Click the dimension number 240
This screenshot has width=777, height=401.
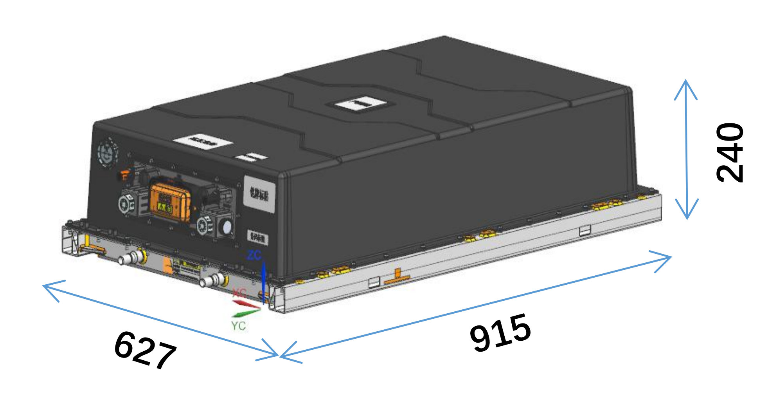[x=730, y=152]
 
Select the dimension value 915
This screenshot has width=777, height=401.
[x=501, y=333]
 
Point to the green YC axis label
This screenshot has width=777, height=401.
[x=238, y=326]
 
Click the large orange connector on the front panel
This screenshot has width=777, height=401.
[x=170, y=203]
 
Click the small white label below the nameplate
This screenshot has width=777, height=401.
[x=258, y=237]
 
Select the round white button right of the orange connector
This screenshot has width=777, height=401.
[x=226, y=227]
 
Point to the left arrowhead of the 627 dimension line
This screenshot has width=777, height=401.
[x=49, y=287]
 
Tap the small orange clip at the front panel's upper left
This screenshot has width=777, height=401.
[x=125, y=175]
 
